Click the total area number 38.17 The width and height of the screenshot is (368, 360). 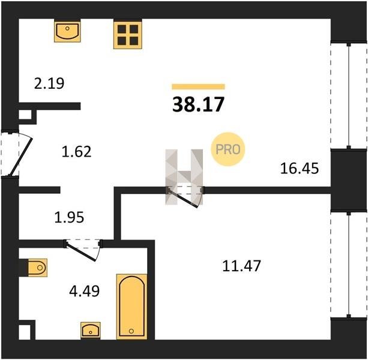click(x=198, y=104)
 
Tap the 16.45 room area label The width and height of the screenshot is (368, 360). click(x=300, y=169)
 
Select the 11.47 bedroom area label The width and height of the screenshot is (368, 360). click(x=241, y=266)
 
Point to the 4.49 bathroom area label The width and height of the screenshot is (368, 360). click(x=85, y=291)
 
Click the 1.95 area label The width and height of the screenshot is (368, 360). click(x=69, y=217)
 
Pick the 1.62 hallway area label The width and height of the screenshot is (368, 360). click(x=76, y=152)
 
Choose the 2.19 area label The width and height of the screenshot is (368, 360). click(x=49, y=83)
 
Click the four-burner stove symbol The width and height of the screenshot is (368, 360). click(x=128, y=34)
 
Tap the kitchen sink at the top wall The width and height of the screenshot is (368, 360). click(x=67, y=31)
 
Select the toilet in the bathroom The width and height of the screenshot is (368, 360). click(x=37, y=268)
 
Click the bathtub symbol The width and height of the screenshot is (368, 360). click(x=132, y=306)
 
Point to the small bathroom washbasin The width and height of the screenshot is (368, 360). click(x=91, y=330)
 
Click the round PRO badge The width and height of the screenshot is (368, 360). click(x=228, y=149)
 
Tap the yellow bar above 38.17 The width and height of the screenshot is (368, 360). click(x=198, y=87)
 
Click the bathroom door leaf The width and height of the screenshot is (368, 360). click(x=81, y=251)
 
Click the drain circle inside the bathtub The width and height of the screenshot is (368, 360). click(x=131, y=331)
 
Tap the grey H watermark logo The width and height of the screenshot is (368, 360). click(x=184, y=176)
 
